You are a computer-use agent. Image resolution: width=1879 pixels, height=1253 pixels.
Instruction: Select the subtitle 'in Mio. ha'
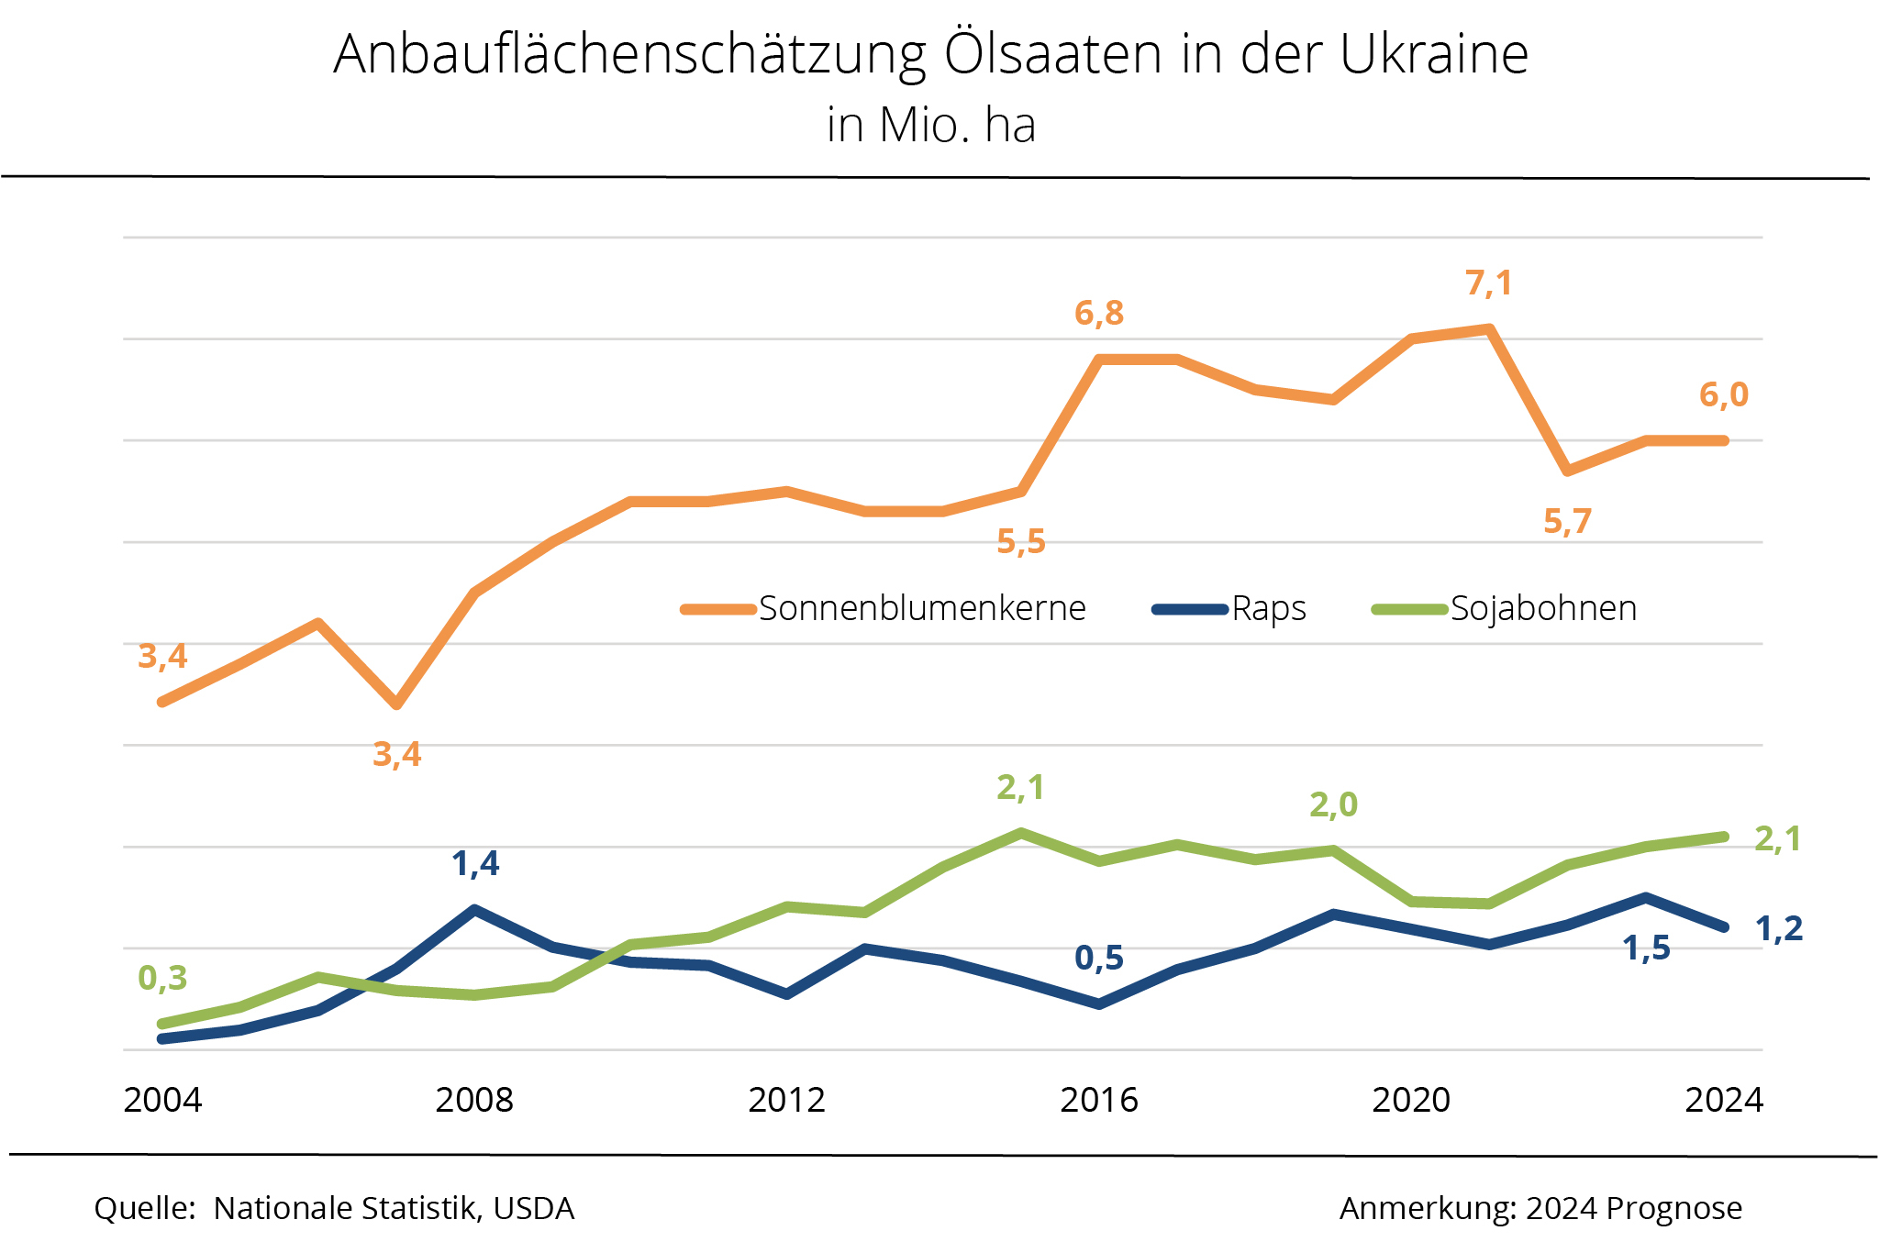click(930, 126)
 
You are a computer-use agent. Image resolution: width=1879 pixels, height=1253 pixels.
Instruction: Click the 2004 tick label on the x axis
click(162, 1100)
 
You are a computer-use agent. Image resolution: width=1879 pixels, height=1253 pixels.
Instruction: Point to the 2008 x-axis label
click(474, 1100)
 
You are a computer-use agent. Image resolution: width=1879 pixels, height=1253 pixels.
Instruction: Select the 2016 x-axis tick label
click(1098, 1100)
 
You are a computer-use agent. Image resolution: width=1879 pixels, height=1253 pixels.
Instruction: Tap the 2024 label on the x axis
click(1723, 1100)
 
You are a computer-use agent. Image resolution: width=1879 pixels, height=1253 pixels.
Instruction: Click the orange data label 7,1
click(1488, 283)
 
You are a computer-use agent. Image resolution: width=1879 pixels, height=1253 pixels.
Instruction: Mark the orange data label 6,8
click(1098, 314)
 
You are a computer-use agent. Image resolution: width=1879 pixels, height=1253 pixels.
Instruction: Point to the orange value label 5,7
click(1567, 522)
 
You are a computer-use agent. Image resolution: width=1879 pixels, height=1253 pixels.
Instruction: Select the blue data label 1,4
click(475, 864)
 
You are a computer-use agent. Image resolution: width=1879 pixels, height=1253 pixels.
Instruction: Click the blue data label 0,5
click(1098, 959)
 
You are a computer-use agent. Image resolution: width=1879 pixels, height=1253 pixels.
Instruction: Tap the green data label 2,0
click(1332, 805)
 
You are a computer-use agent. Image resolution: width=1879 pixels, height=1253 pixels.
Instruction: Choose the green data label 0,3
click(162, 979)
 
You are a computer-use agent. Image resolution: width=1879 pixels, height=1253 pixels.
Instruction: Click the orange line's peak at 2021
click(1489, 328)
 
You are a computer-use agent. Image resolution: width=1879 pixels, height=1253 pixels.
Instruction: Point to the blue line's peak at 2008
click(474, 909)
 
